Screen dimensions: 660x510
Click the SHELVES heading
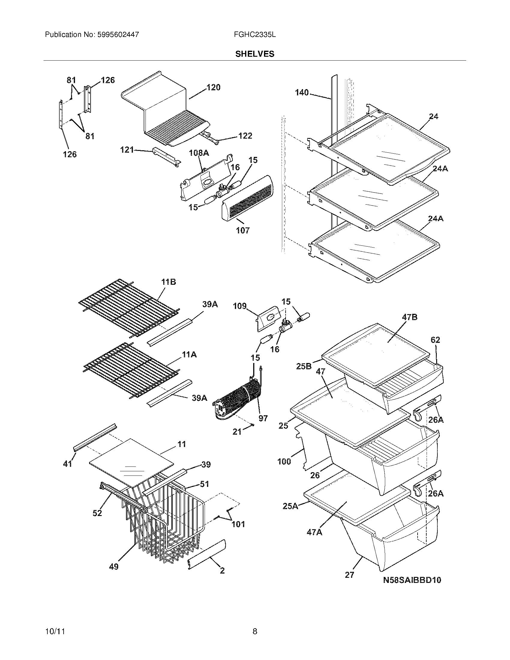pyautogui.click(x=255, y=54)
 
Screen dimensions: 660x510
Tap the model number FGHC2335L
pyautogui.click(x=254, y=34)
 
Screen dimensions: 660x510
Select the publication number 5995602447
pyautogui.click(x=118, y=34)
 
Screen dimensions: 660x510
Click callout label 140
pyautogui.click(x=302, y=92)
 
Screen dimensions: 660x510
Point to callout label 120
pyautogui.click(x=213, y=87)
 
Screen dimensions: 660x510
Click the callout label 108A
pyautogui.click(x=199, y=153)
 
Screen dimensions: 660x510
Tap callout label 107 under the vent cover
pyautogui.click(x=243, y=231)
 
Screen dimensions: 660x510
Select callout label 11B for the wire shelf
pyautogui.click(x=168, y=282)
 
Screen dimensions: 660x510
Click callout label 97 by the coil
pyautogui.click(x=263, y=418)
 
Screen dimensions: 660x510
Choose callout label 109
pyautogui.click(x=240, y=306)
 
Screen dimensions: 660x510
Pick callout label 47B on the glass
pyautogui.click(x=409, y=317)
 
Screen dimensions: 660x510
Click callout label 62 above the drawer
pyautogui.click(x=435, y=340)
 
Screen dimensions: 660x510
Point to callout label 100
pyautogui.click(x=284, y=461)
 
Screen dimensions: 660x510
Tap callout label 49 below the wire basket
pyautogui.click(x=114, y=567)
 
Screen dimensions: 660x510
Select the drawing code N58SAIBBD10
pyautogui.click(x=412, y=580)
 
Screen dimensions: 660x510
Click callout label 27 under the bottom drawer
pyautogui.click(x=349, y=575)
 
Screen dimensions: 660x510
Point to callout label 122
pyautogui.click(x=245, y=136)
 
